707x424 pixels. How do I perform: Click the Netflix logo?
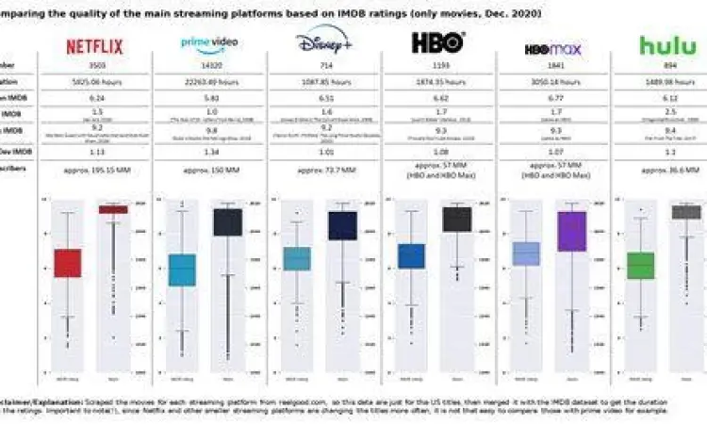tap(95, 44)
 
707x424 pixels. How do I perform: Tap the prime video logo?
tap(208, 43)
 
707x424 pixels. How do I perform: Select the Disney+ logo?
tap(323, 42)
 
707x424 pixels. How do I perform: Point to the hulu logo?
tap(668, 44)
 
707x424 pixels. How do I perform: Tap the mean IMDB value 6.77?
tap(552, 98)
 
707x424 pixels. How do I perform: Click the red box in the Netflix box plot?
tap(67, 263)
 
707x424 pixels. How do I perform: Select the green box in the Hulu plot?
tap(641, 265)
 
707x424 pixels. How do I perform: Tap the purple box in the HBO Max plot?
tap(572, 231)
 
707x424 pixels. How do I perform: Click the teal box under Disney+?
tap(297, 258)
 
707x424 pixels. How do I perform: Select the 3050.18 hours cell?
tap(552, 83)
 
